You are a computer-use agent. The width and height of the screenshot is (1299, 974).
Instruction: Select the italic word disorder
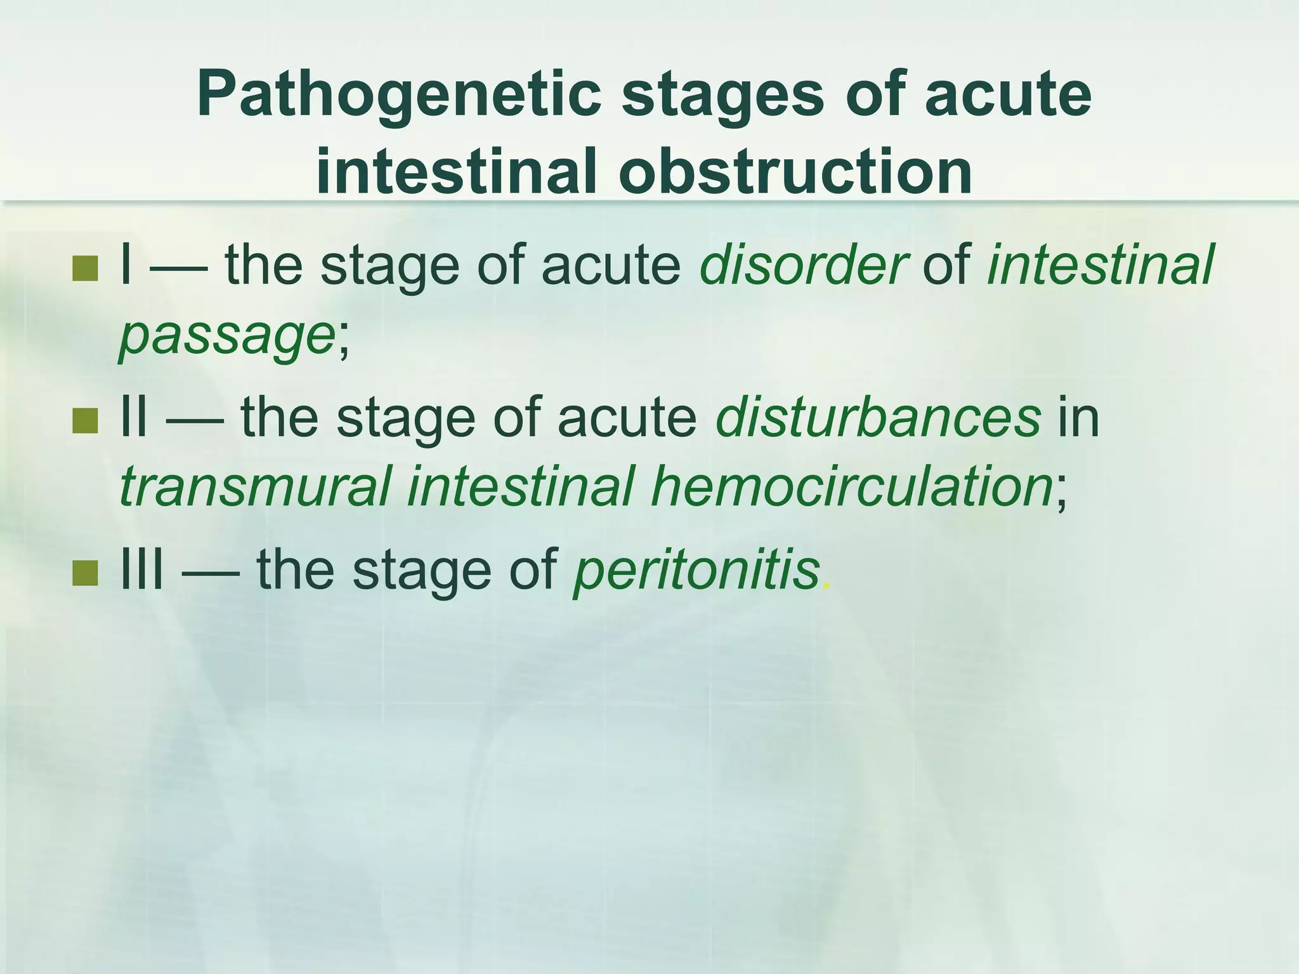[803, 265]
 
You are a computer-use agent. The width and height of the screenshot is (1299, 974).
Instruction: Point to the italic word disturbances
[878, 418]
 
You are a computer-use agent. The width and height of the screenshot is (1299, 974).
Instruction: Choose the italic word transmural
[254, 487]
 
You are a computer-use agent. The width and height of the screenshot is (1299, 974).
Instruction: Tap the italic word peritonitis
[696, 569]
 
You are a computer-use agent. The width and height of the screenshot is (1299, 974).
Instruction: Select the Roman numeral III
[142, 569]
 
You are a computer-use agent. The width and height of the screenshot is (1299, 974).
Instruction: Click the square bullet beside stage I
[85, 268]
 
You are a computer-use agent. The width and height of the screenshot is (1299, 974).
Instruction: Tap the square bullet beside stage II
[85, 421]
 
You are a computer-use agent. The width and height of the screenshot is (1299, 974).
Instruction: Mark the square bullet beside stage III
[85, 573]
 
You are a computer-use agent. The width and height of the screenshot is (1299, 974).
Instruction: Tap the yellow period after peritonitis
[825, 586]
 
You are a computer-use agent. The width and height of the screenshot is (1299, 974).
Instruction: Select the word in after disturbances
[1078, 418]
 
